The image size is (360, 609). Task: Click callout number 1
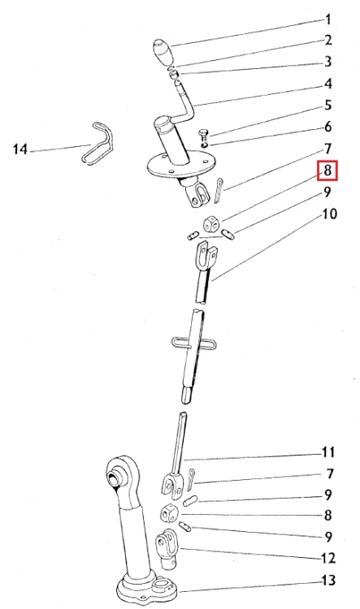327,19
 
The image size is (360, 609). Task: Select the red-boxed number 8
327,171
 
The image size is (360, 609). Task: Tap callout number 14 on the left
20,149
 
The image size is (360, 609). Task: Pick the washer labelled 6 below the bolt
205,145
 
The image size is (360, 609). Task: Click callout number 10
329,214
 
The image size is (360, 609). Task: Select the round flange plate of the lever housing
180,166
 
